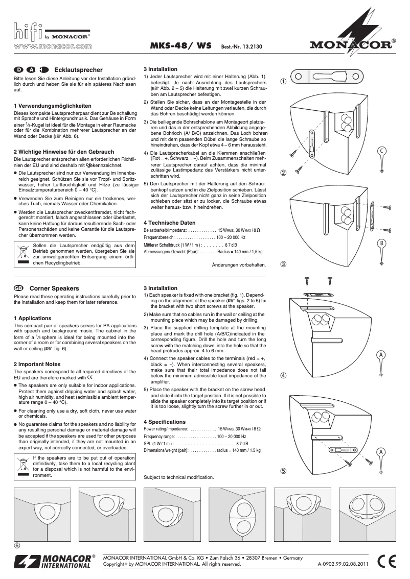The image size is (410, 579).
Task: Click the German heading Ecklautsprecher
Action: [78, 70]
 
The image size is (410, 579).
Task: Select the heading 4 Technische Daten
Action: [169, 223]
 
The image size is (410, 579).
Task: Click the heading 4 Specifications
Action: [165, 422]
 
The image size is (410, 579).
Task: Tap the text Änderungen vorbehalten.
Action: [239, 265]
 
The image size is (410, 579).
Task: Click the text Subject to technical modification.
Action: [178, 477]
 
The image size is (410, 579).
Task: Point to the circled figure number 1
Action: [283, 81]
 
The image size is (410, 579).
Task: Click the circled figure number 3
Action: [283, 264]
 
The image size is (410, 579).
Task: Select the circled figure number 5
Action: [283, 471]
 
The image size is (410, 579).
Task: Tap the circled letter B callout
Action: [381, 243]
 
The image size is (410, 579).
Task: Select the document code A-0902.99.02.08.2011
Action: [343, 564]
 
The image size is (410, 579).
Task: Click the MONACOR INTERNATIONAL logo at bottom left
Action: [54, 561]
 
